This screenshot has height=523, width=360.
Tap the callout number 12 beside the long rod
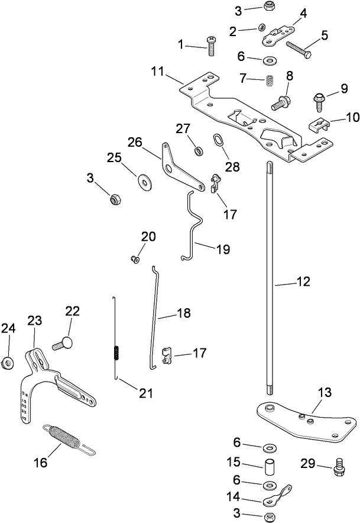303,283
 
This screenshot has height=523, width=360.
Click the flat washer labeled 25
143,179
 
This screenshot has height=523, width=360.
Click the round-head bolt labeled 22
63,342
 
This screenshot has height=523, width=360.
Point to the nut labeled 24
8,361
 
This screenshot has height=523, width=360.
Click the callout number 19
222,250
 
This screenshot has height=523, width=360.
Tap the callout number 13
325,392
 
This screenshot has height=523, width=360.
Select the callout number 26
135,143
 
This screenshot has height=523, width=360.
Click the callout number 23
35,320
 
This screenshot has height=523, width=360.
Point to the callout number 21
145,393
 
